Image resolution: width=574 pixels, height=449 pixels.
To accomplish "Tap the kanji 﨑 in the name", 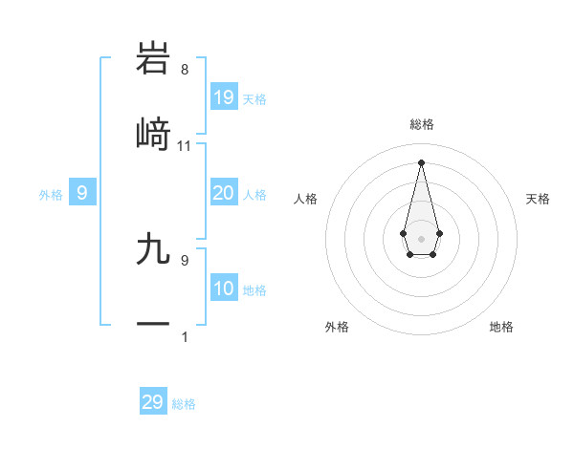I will coord(153,134).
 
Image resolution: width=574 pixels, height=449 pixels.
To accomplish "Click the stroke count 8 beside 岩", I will coord(185,70).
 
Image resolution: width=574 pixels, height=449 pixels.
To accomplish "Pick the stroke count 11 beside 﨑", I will coord(185,146).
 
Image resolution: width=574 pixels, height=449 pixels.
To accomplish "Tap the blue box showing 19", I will coord(224,97).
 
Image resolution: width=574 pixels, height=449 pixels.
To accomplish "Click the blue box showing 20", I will coord(224,193).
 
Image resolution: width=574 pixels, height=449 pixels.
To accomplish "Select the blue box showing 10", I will coord(224,289).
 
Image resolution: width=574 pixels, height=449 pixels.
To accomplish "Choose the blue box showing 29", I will coord(153,402).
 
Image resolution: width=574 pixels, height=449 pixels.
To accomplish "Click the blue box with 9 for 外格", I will coord(82,194).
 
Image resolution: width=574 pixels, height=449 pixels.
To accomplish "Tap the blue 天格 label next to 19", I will coord(254,99).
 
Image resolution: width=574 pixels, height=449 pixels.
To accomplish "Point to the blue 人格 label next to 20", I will coord(254,195).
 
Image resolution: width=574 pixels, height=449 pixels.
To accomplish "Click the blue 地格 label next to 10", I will coord(254,290).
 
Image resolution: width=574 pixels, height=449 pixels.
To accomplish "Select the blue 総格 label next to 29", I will coord(184,404).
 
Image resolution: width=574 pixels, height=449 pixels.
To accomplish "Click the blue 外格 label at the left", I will coord(51,195).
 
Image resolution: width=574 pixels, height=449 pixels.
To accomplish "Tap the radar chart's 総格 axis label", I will coord(422,124).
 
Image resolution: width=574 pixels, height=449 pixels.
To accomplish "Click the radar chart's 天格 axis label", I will coord(538,199).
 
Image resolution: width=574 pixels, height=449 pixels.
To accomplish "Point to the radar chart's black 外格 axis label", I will coord(337,327).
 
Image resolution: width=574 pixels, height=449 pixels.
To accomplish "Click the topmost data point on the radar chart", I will coord(421,162).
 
